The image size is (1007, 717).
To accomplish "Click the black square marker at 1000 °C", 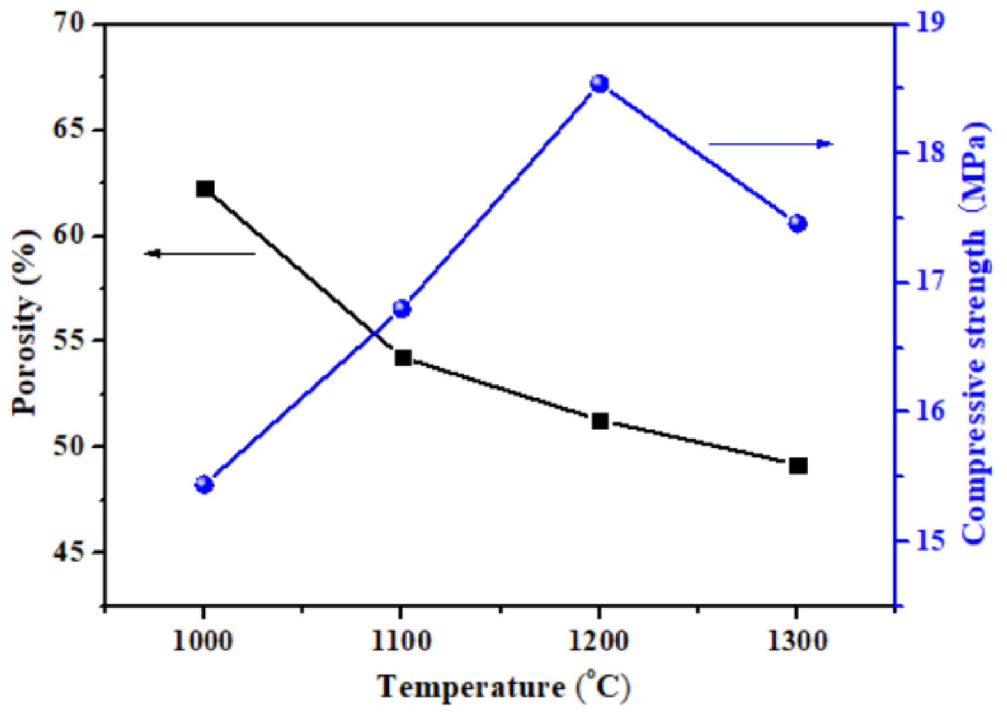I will (x=205, y=189).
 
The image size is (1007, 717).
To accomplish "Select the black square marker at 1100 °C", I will (x=403, y=358).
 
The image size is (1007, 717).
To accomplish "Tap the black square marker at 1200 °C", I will (x=600, y=421).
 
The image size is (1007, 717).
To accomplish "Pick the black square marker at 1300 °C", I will (x=798, y=465).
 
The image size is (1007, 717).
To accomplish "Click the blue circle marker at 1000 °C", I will (x=204, y=484).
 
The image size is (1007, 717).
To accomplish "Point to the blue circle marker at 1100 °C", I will (x=402, y=309).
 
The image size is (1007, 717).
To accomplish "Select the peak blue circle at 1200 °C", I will (x=600, y=84).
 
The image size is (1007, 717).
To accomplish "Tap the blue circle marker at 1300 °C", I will (x=797, y=223).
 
